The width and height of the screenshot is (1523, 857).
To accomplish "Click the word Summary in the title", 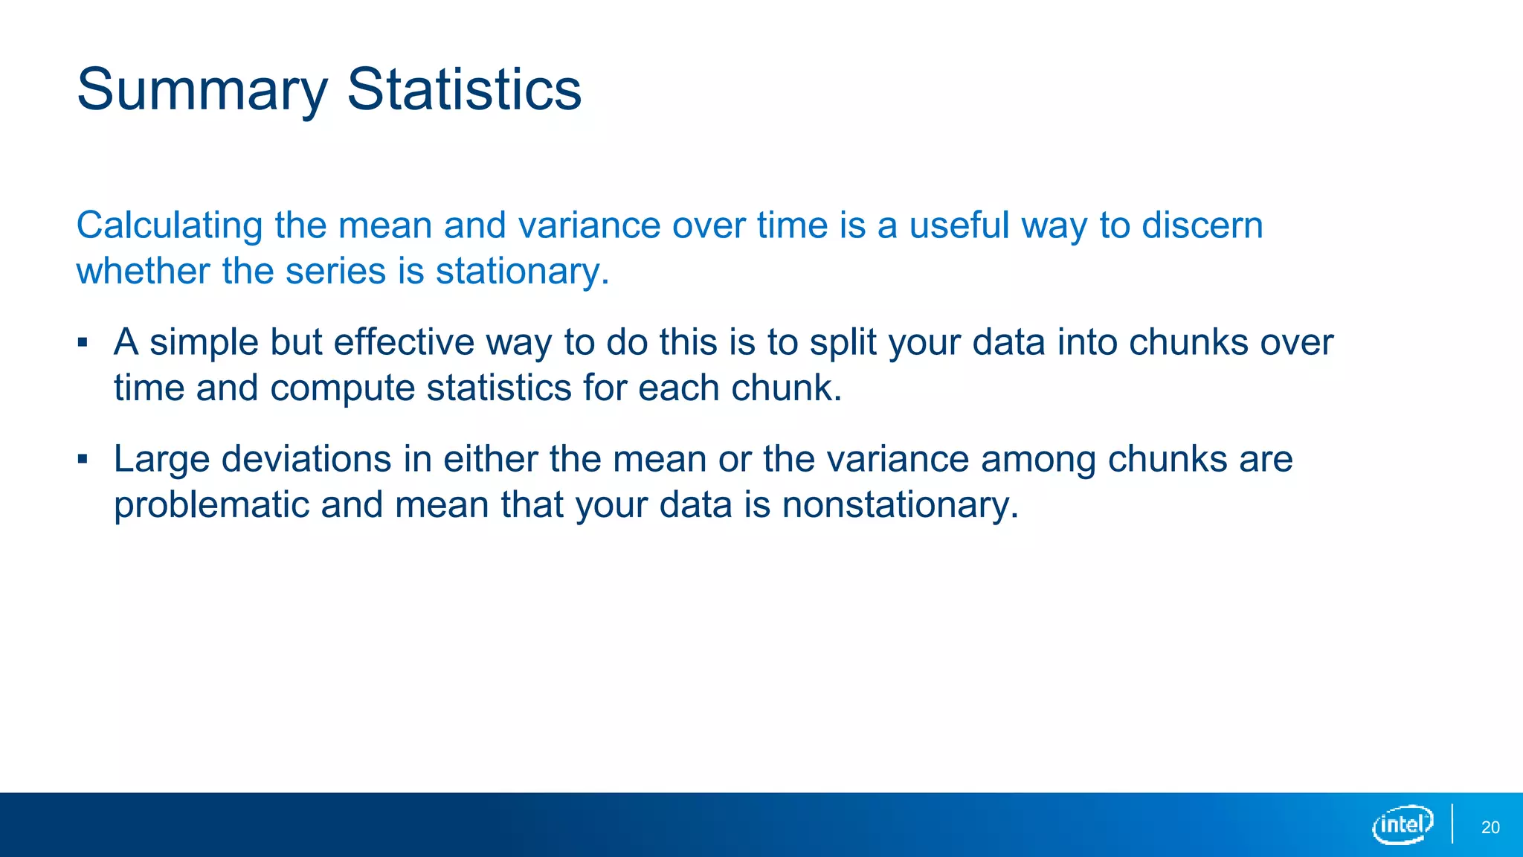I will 202,91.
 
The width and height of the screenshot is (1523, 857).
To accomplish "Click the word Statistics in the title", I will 464,89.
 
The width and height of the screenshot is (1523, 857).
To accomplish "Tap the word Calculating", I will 170,226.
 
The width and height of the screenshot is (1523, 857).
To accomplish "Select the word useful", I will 959,225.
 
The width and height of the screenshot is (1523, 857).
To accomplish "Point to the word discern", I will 1202,225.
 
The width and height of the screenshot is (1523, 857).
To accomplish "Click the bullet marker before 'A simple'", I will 83,343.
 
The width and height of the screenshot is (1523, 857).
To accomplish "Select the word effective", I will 403,342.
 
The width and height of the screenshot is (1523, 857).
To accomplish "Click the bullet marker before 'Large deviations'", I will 83,459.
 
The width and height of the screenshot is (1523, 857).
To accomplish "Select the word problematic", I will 211,505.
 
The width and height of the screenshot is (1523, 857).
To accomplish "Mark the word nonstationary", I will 899,505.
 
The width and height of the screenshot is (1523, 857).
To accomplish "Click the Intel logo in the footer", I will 1403,824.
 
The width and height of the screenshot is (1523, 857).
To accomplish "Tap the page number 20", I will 1490,827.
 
